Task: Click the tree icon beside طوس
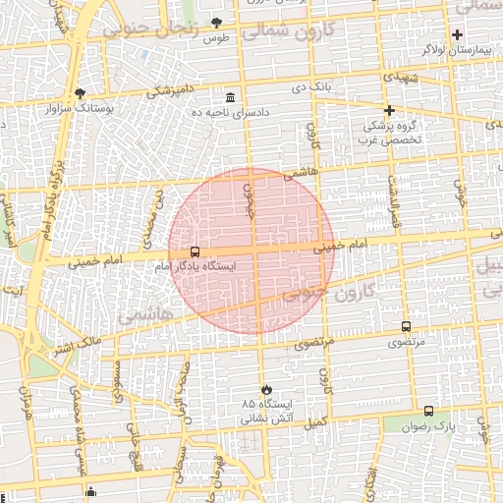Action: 217,23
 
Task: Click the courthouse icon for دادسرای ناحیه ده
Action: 230,97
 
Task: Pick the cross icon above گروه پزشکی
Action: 389,110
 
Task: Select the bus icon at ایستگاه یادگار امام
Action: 195,252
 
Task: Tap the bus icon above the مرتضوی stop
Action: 407,327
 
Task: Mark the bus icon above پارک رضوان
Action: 428,412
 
